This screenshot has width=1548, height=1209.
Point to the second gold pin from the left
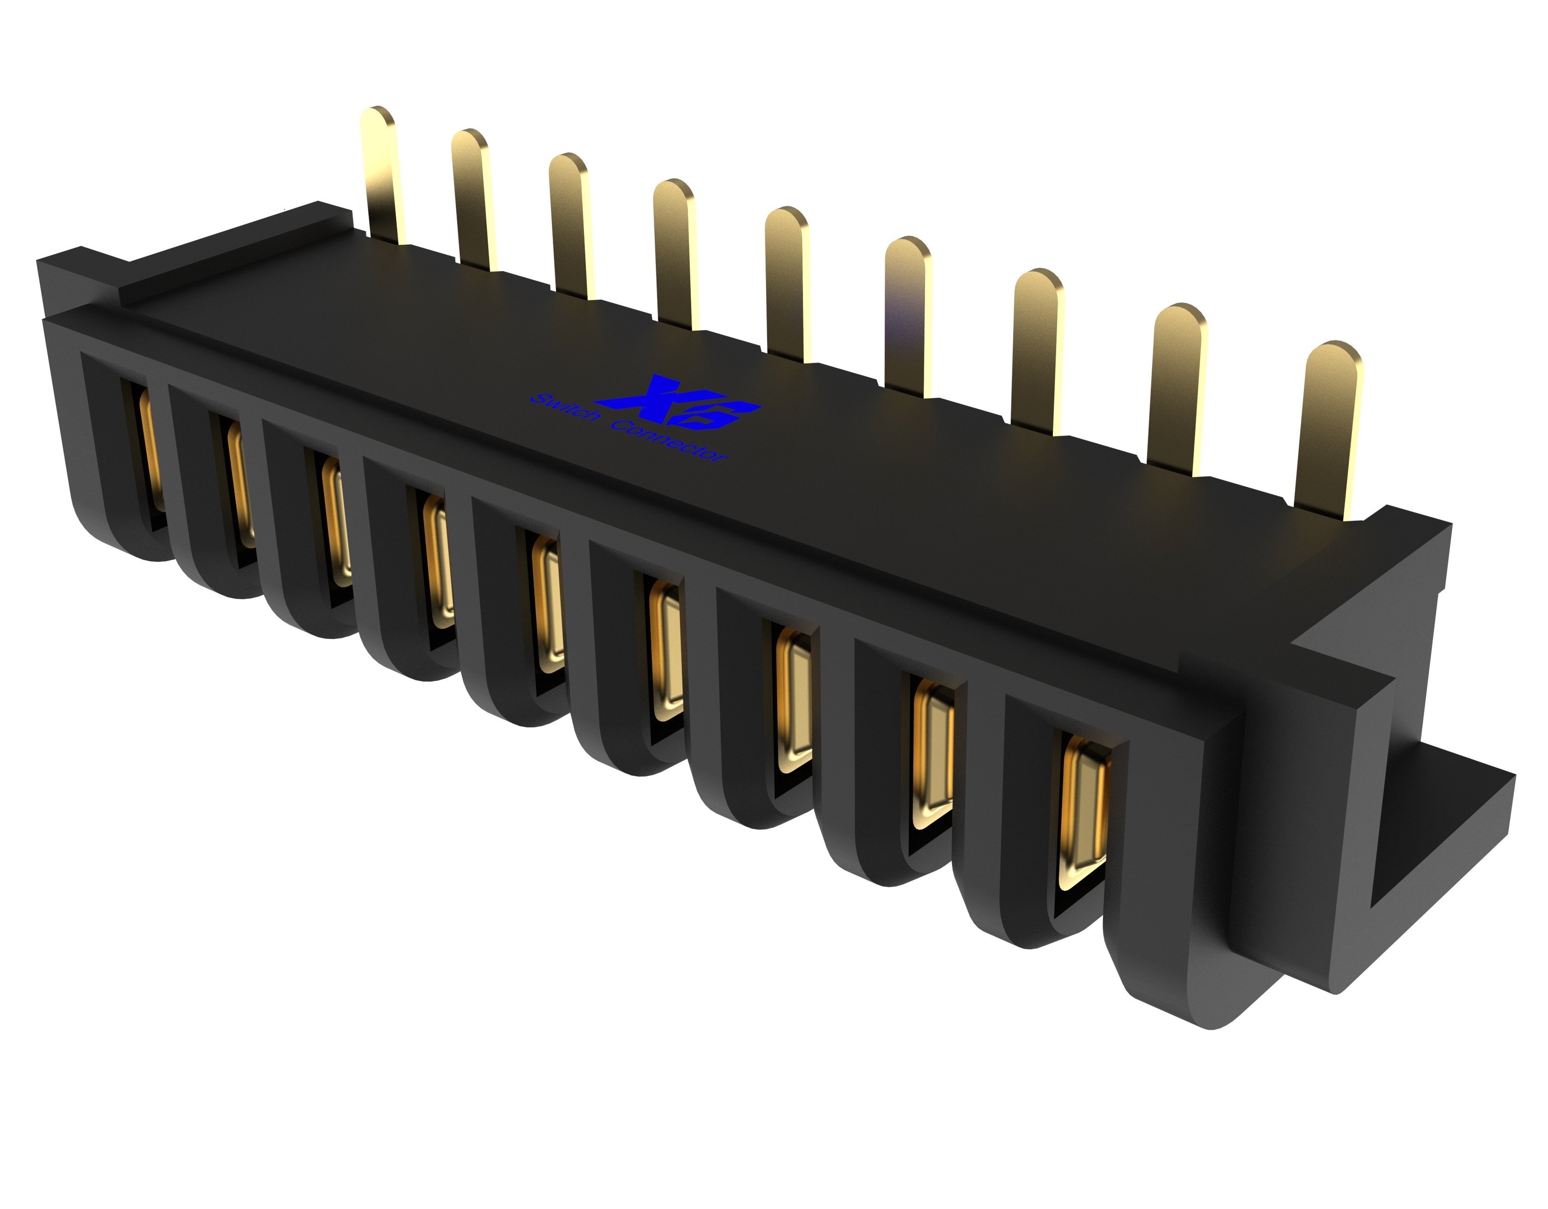[471, 199]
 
